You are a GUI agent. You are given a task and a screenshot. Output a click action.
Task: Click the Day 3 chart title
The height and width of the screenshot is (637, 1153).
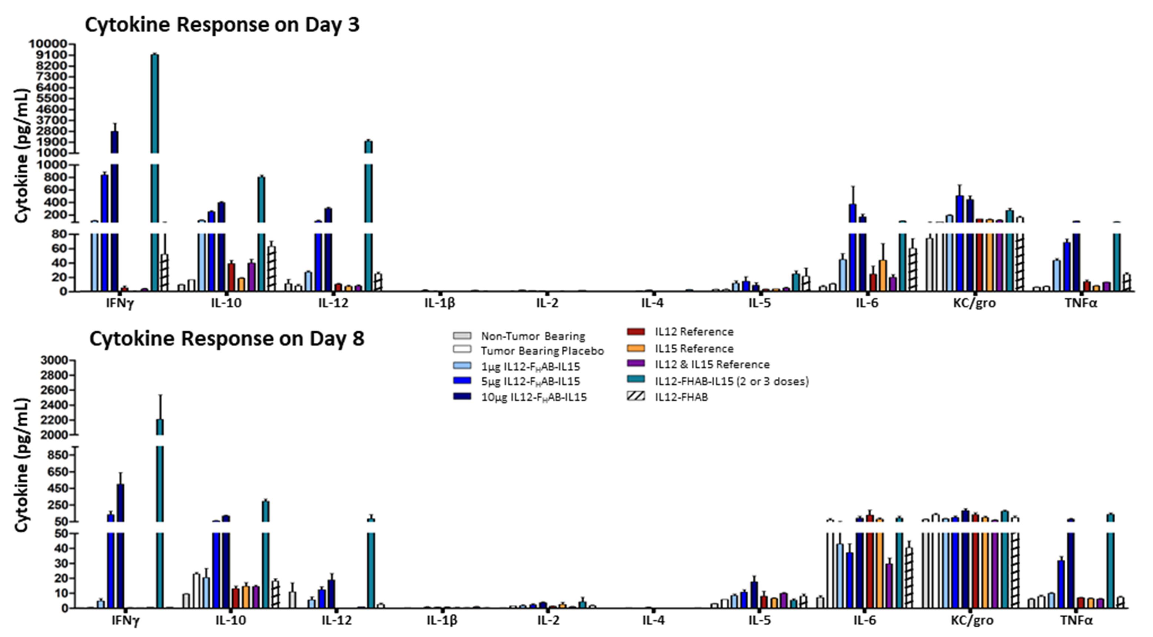coord(222,24)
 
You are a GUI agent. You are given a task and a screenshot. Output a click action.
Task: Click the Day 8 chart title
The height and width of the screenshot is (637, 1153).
coord(226,339)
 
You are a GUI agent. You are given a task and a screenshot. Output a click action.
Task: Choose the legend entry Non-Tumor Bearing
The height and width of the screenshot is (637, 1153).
coord(533,336)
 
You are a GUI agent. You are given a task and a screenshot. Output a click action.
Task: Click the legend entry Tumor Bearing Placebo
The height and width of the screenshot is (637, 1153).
coord(542,351)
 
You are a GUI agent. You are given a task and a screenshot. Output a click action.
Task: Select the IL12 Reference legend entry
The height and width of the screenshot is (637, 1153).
coord(694,332)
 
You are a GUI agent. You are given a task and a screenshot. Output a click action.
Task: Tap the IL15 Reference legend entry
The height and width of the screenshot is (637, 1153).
coord(694,348)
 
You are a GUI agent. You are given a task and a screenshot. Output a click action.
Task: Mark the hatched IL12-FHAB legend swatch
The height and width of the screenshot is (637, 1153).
coord(636,397)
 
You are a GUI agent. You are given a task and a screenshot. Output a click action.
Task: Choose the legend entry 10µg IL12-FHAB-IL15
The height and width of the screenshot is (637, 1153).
coord(534,397)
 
